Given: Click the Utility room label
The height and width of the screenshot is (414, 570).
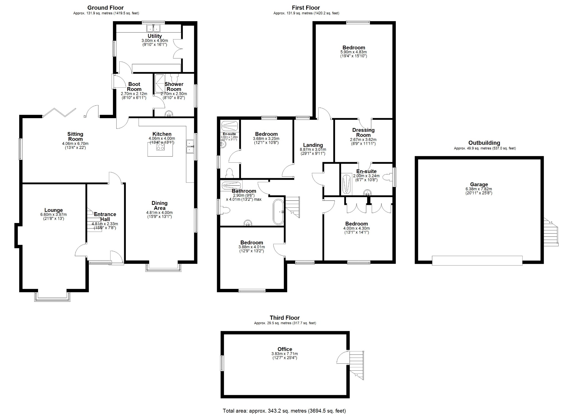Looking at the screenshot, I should tap(154, 36).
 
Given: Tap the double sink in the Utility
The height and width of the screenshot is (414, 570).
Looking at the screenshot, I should tap(153, 28).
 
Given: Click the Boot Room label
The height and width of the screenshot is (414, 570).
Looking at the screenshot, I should tap(134, 86).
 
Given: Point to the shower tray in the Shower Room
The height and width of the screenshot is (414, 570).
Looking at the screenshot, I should tap(160, 83).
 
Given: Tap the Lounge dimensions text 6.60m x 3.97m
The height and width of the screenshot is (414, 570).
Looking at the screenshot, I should tap(53, 215).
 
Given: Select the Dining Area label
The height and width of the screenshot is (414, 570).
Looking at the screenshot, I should tap(159, 205).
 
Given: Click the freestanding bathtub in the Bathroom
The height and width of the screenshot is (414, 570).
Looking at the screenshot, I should tap(278, 212).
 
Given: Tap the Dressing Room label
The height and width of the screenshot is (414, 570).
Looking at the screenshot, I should tap(363, 132).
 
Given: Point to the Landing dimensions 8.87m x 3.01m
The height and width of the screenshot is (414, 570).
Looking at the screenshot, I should tap(313, 149).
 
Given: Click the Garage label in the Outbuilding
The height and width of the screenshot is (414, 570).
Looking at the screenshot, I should tap(479, 184).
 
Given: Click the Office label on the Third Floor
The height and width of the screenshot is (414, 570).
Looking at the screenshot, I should tap(285, 349).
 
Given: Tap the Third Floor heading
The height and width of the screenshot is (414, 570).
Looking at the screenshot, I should tap(284, 318).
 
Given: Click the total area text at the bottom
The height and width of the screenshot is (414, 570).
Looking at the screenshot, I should tap(284, 411).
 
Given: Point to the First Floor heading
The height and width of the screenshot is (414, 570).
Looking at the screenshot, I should tap(306, 8).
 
